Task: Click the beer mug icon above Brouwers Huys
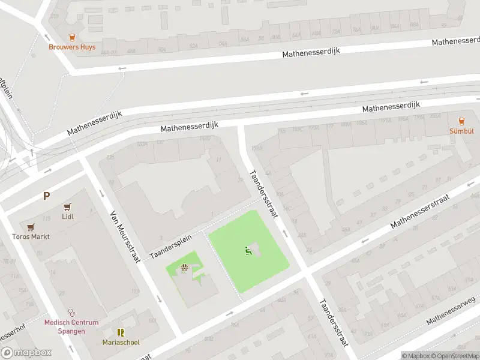pyautogui.click(x=73, y=37)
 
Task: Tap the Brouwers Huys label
pyautogui.click(x=73, y=47)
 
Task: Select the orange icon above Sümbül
pyautogui.click(x=461, y=121)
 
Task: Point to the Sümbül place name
pyautogui.click(x=461, y=131)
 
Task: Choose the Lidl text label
pyautogui.click(x=67, y=217)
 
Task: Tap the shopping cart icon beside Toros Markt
pyautogui.click(x=31, y=227)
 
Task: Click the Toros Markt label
pyautogui.click(x=31, y=236)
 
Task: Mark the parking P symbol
pyautogui.click(x=46, y=196)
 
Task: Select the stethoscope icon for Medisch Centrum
pyautogui.click(x=72, y=313)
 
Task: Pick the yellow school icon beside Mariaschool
pyautogui.click(x=121, y=332)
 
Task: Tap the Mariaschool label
pyautogui.click(x=121, y=343)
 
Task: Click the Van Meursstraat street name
pyautogui.click(x=125, y=236)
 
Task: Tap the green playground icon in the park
pyautogui.click(x=248, y=250)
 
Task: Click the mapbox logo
pyautogui.click(x=26, y=353)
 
